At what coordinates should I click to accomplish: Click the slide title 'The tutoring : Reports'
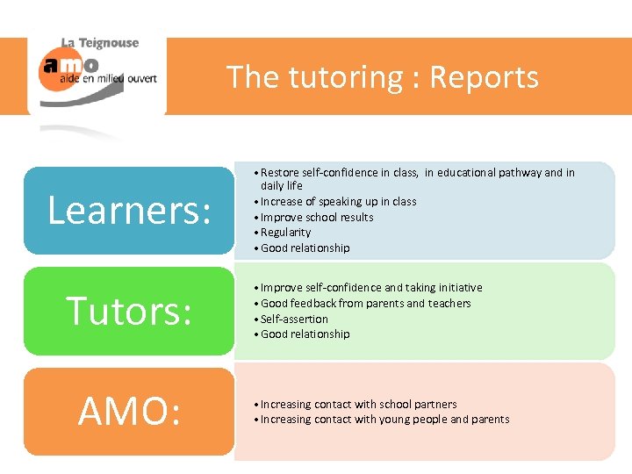(x=383, y=77)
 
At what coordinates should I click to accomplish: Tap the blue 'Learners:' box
(x=129, y=211)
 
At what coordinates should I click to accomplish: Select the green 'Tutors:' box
(x=129, y=311)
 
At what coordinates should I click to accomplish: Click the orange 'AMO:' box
(x=129, y=412)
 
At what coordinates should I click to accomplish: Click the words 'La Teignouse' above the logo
(x=99, y=42)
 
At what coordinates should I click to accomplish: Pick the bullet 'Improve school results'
(x=317, y=217)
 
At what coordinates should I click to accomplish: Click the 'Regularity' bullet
(x=285, y=232)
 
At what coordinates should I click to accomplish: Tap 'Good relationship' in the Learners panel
(x=305, y=248)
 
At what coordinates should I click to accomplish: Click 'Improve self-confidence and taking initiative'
(x=371, y=287)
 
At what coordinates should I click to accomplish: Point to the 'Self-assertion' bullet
(x=294, y=319)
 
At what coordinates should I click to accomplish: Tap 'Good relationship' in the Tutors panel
(x=305, y=334)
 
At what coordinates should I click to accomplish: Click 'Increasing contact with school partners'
(x=358, y=404)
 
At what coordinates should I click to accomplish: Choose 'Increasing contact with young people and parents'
(x=384, y=419)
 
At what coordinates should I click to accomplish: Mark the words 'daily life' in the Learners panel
(x=282, y=186)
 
